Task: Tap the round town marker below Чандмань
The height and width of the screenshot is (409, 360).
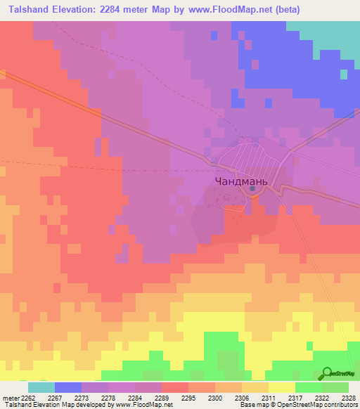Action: pos(252,188)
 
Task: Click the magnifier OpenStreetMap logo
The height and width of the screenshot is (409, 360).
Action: pos(328,373)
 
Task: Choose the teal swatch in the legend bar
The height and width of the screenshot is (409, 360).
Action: pos(41,387)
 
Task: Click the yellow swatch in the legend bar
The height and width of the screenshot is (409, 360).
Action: pos(281,387)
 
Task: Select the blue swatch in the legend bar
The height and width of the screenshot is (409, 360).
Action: pos(68,387)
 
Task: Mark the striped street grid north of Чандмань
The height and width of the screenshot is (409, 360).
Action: pos(245,155)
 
